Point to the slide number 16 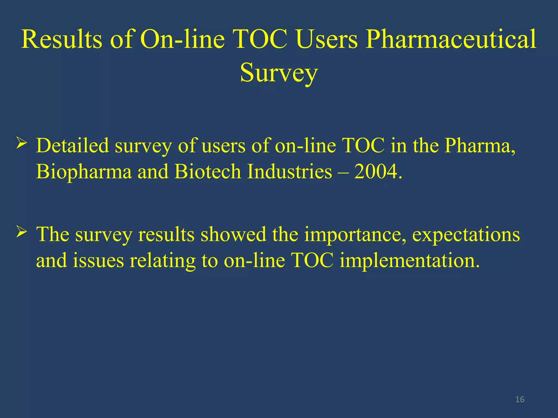point(520,399)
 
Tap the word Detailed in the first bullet point(72,146)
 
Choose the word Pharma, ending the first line point(480,146)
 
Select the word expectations point(466,235)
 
